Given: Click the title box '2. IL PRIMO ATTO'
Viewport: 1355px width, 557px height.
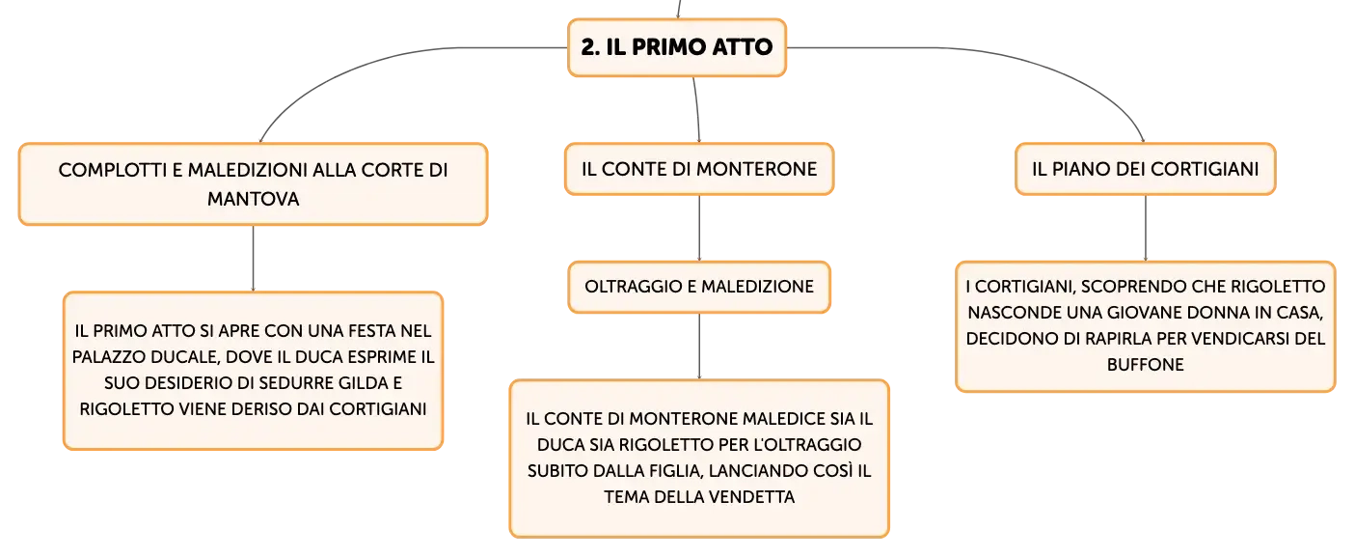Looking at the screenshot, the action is coord(677,47).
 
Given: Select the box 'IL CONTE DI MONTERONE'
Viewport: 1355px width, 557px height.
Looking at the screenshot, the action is coord(699,169).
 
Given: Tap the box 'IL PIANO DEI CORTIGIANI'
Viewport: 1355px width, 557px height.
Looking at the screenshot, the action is coord(1145,169).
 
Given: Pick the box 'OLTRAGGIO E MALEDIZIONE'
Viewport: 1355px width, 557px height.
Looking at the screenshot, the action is coord(699,287).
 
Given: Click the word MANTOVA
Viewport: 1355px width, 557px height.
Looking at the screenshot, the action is coord(253,199).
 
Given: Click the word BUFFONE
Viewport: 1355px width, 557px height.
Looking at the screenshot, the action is coord(1145,365).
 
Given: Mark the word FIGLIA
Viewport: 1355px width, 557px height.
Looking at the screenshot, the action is coord(676,471).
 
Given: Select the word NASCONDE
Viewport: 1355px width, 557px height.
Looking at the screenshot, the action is coord(1007,313).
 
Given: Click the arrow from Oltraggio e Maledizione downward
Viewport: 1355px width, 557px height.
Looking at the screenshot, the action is coord(699,347).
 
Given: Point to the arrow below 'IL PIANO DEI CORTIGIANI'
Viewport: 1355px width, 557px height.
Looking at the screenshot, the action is coord(1145,228).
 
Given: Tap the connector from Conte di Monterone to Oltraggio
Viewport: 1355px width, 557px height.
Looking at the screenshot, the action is coord(699,228).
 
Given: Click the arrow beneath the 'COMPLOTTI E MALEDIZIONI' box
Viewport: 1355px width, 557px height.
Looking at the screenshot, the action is coord(253,259).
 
